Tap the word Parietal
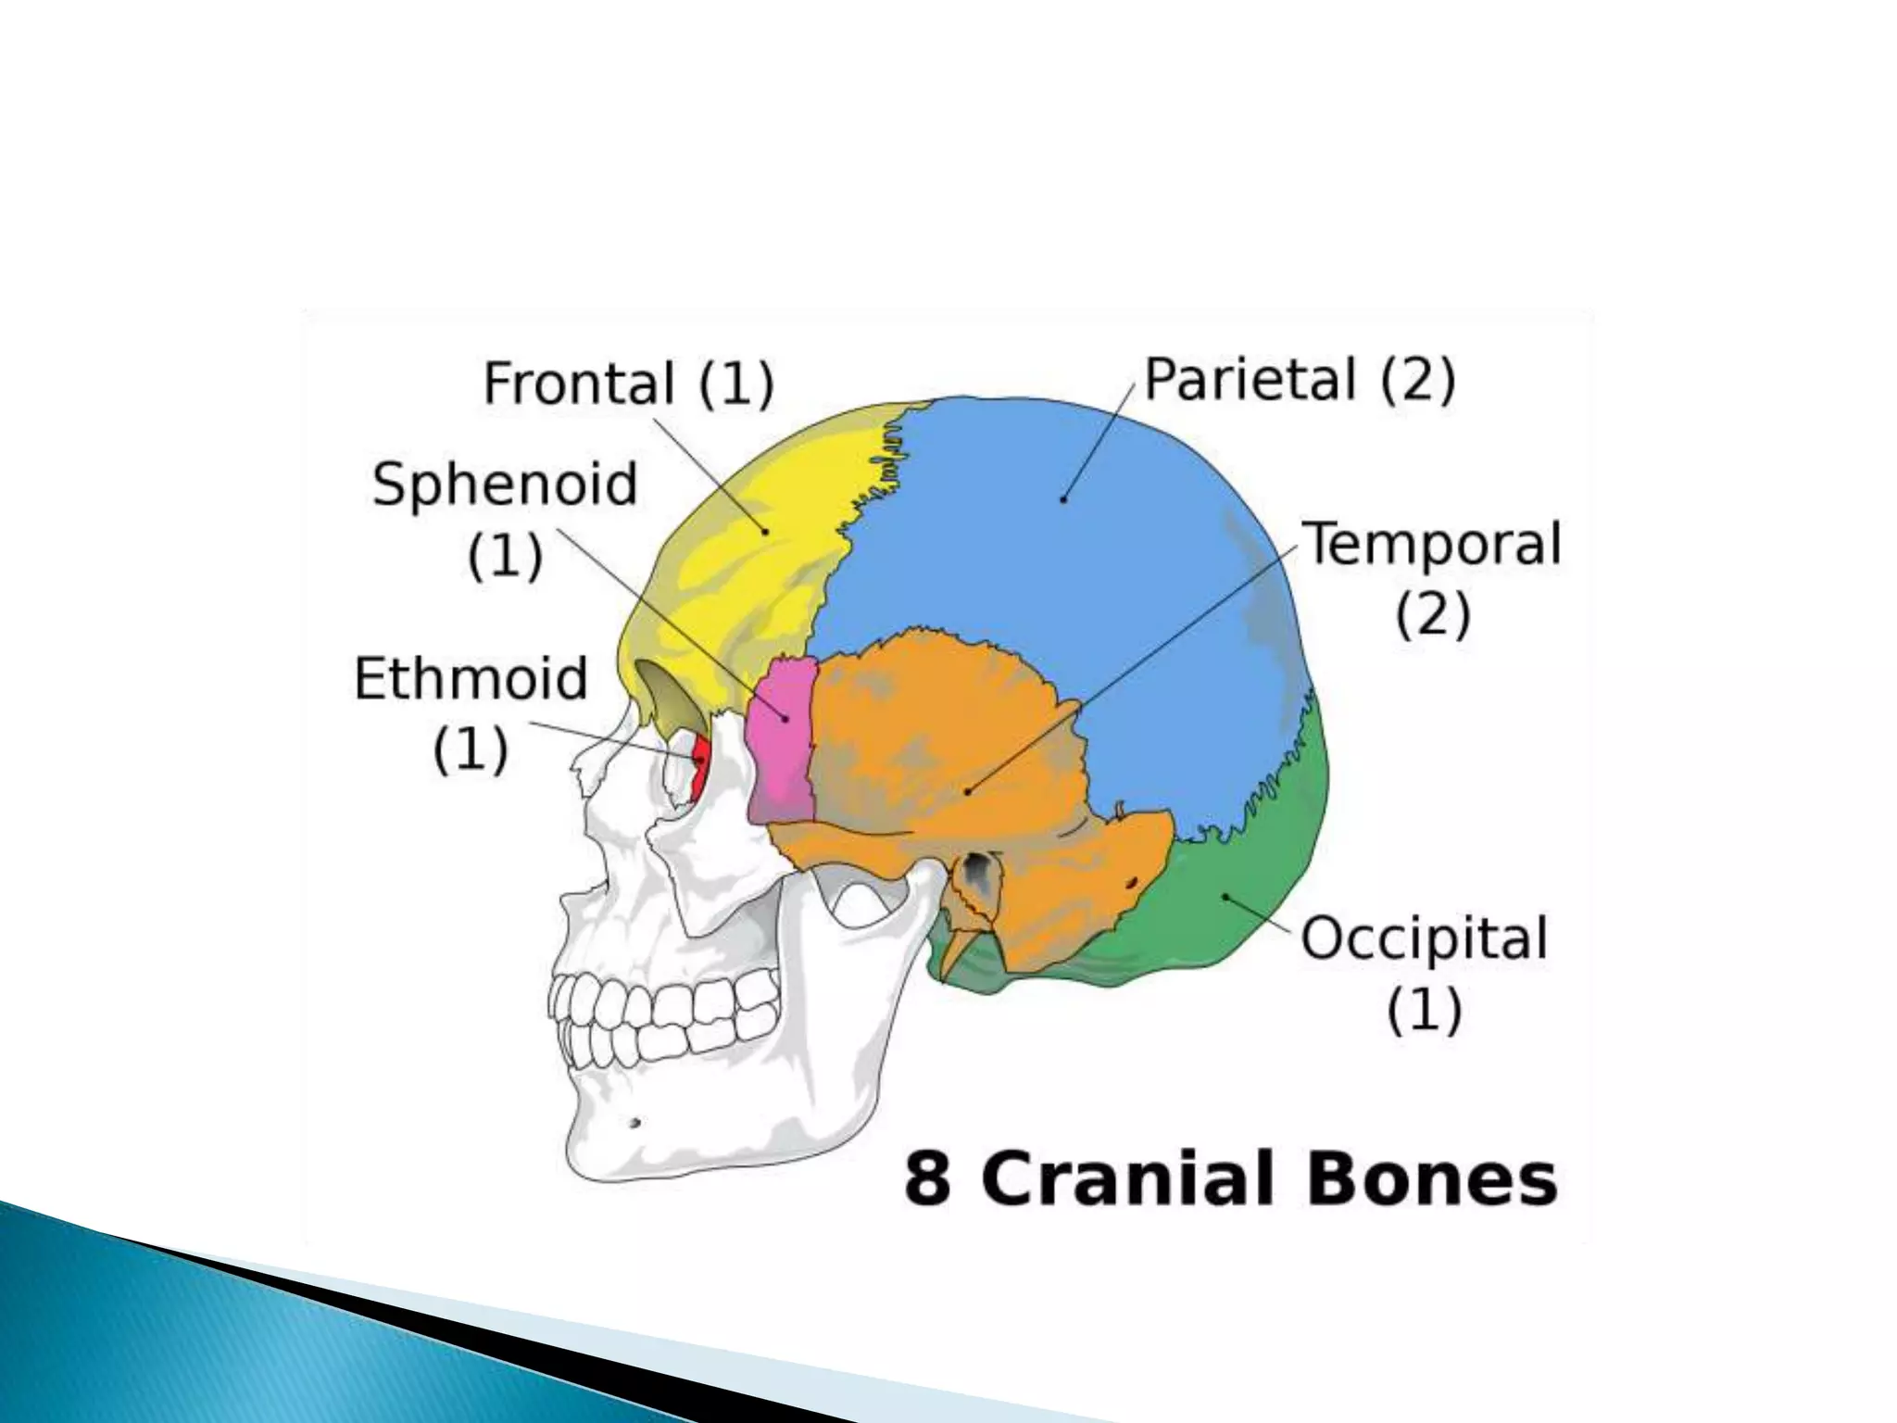tap(1250, 380)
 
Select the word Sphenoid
tap(505, 484)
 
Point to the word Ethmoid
tap(471, 678)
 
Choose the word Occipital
tap(1424, 938)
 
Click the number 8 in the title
tap(927, 1178)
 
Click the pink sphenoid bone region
tap(784, 741)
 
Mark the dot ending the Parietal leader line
tap(1063, 499)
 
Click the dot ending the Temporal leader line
tap(967, 792)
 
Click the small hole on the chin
tap(634, 1124)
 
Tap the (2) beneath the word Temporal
tap(1433, 614)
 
